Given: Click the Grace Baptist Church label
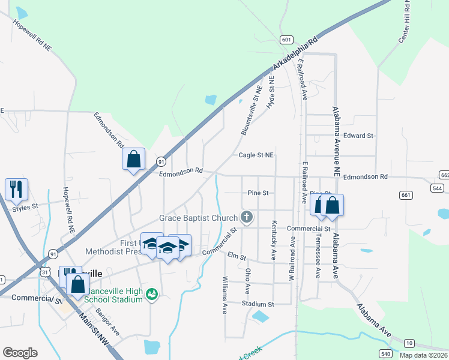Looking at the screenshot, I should (198, 217).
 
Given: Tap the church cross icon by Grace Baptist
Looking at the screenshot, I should (246, 217).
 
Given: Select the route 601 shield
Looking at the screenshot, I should (286, 40).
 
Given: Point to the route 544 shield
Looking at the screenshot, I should (437, 188).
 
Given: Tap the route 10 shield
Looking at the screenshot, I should (409, 343).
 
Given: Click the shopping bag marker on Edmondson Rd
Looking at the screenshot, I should (133, 160).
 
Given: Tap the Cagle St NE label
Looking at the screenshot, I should (256, 155).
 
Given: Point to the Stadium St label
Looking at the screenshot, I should (258, 304).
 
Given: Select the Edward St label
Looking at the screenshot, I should (359, 136).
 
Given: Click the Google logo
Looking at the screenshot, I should (20, 353).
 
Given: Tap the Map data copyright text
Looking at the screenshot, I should (423, 355).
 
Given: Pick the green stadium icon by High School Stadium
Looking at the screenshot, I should (152, 294).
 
